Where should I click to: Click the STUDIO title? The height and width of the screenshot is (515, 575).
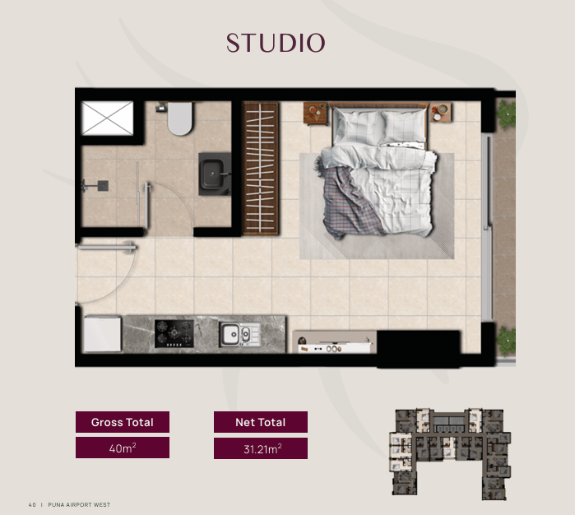pyautogui.click(x=276, y=43)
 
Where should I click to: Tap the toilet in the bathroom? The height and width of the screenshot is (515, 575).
pyautogui.click(x=179, y=118)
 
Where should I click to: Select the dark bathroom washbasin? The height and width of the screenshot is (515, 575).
pyautogui.click(x=215, y=174)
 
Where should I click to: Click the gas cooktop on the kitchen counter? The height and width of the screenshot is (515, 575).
pyautogui.click(x=174, y=333)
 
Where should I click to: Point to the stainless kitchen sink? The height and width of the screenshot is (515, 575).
pyautogui.click(x=240, y=334)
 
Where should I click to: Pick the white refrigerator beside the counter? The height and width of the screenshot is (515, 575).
pyautogui.click(x=102, y=334)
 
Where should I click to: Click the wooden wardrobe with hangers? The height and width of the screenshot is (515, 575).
pyautogui.click(x=261, y=169)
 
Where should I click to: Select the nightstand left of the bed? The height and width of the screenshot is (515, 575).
pyautogui.click(x=315, y=114)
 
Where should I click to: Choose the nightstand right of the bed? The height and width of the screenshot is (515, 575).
pyautogui.click(x=440, y=112)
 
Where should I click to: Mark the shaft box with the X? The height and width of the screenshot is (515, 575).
pyautogui.click(x=108, y=118)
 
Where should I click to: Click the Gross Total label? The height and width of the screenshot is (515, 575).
pyautogui.click(x=123, y=422)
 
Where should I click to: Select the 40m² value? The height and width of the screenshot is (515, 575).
pyautogui.click(x=123, y=448)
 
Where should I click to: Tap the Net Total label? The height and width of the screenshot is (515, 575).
pyautogui.click(x=261, y=422)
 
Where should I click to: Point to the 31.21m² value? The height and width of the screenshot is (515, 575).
pyautogui.click(x=262, y=448)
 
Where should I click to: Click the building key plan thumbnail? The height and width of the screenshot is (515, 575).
pyautogui.click(x=450, y=454)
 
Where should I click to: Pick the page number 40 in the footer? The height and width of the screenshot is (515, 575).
pyautogui.click(x=32, y=505)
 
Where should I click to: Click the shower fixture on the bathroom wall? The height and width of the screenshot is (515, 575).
pyautogui.click(x=95, y=186)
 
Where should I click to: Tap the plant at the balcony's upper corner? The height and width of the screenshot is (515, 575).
pyautogui.click(x=507, y=114)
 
